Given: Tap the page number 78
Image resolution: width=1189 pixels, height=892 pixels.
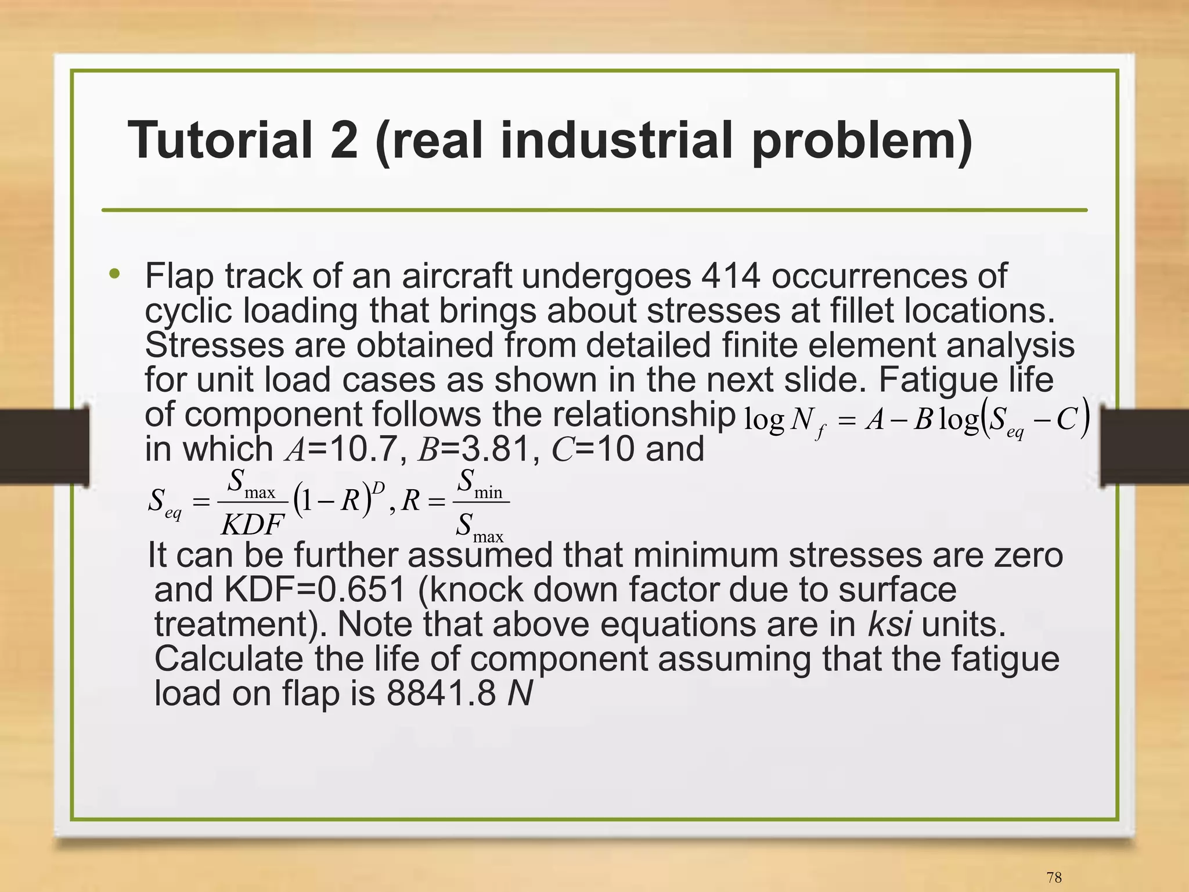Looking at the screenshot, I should [x=1054, y=877].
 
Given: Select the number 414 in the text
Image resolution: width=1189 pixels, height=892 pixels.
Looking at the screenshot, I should [x=730, y=276].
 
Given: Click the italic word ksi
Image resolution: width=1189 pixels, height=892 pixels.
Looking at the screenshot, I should [x=889, y=624].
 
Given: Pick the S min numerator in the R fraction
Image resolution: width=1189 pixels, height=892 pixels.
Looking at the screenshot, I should [x=480, y=483].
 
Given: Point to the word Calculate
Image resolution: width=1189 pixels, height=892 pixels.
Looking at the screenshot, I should [x=229, y=659].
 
